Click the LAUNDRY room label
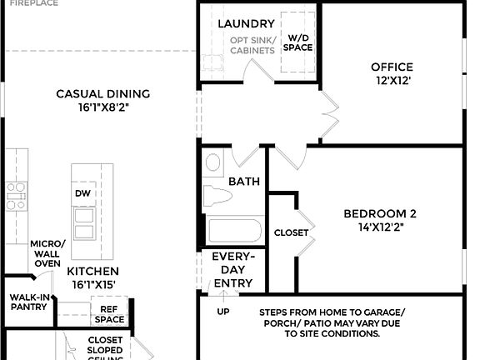(246, 24)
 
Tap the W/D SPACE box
(298, 42)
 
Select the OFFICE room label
(392, 67)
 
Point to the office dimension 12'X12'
(392, 81)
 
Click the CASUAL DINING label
(102, 94)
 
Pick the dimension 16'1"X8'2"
(102, 107)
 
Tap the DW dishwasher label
(82, 193)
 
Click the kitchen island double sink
(83, 223)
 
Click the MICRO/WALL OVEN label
(47, 253)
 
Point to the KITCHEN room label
(92, 271)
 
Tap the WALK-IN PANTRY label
(27, 302)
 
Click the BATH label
(244, 181)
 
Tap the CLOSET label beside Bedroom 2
(291, 232)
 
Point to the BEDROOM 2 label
(380, 214)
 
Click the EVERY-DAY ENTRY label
(232, 270)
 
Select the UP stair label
(223, 312)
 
